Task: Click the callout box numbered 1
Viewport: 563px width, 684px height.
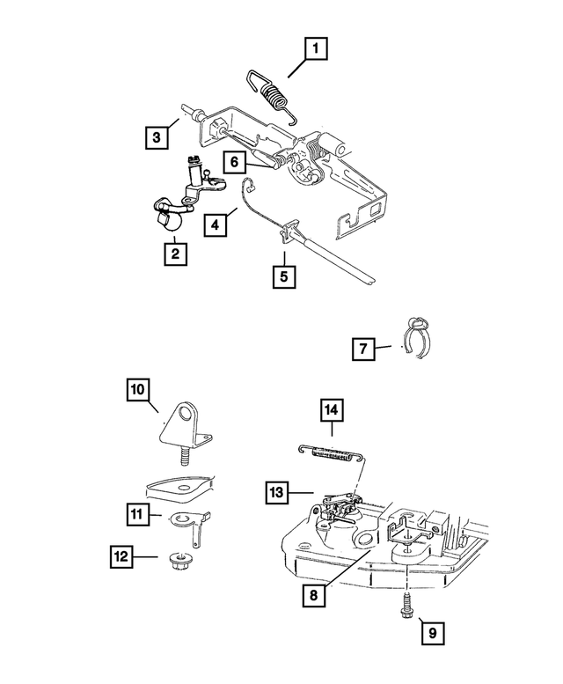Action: pos(316,48)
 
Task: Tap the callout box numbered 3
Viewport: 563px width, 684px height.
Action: pos(157,137)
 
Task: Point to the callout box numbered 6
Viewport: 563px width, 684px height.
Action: pos(235,162)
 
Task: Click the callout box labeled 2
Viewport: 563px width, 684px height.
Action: pos(176,254)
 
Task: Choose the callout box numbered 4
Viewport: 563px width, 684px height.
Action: pos(216,225)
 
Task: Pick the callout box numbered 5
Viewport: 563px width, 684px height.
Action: pos(284,276)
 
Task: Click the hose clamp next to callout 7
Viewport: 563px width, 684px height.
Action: pos(416,337)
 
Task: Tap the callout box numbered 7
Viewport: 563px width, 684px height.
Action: pos(363,349)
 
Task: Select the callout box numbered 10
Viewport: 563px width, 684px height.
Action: pos(138,390)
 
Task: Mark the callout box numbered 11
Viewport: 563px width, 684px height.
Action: pos(138,514)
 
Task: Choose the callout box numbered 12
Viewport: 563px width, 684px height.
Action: pos(121,556)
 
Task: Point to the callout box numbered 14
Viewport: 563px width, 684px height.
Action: pos(332,410)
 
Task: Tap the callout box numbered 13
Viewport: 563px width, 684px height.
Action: pos(277,493)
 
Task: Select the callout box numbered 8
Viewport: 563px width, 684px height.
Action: pos(314,595)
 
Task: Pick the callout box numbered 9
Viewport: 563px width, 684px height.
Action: pos(433,633)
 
